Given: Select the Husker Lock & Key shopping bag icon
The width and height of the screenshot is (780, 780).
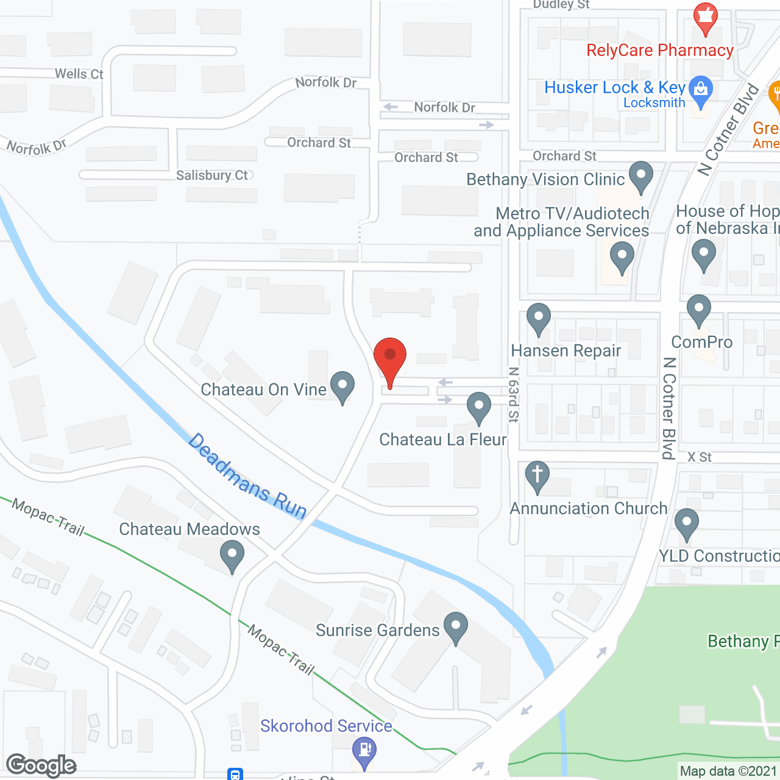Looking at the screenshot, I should tap(701, 90).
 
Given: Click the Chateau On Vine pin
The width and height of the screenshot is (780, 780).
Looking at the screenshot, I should tap(342, 385).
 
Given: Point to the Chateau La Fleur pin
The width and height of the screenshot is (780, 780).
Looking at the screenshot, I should tap(479, 406).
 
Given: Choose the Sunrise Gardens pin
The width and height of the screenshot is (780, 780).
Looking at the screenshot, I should tap(456, 626).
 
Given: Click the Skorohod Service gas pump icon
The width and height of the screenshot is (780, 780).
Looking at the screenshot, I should tap(364, 751).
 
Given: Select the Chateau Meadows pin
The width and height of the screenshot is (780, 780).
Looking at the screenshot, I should tap(232, 555).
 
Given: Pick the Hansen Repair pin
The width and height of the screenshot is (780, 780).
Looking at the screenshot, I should tap(539, 317).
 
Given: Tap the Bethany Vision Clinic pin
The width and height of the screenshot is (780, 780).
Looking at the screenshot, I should tap(640, 175).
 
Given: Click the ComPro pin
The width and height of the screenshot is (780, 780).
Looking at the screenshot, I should tap(699, 309).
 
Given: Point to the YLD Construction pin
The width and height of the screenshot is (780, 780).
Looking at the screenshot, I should tap(687, 522).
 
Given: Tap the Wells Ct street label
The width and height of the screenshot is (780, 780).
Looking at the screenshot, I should tap(79, 74).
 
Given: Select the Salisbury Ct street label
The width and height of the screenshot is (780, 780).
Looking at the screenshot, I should tap(212, 175).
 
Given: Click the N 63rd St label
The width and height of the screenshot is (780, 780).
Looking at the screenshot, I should tap(514, 394).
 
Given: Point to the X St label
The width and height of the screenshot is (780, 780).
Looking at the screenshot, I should tap(700, 457).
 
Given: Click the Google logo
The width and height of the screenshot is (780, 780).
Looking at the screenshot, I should tap(41, 765).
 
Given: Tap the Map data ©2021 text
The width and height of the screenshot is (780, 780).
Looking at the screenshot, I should tap(728, 771).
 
